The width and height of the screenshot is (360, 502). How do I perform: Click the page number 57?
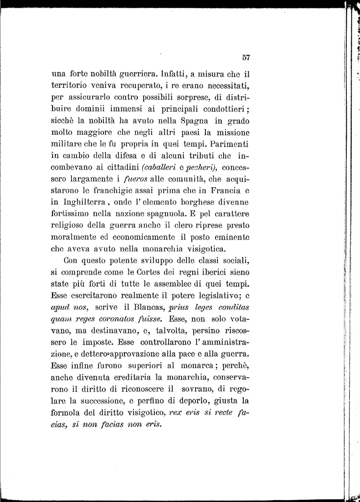tap(246, 57)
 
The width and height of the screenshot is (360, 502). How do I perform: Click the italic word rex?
tap(175, 413)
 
